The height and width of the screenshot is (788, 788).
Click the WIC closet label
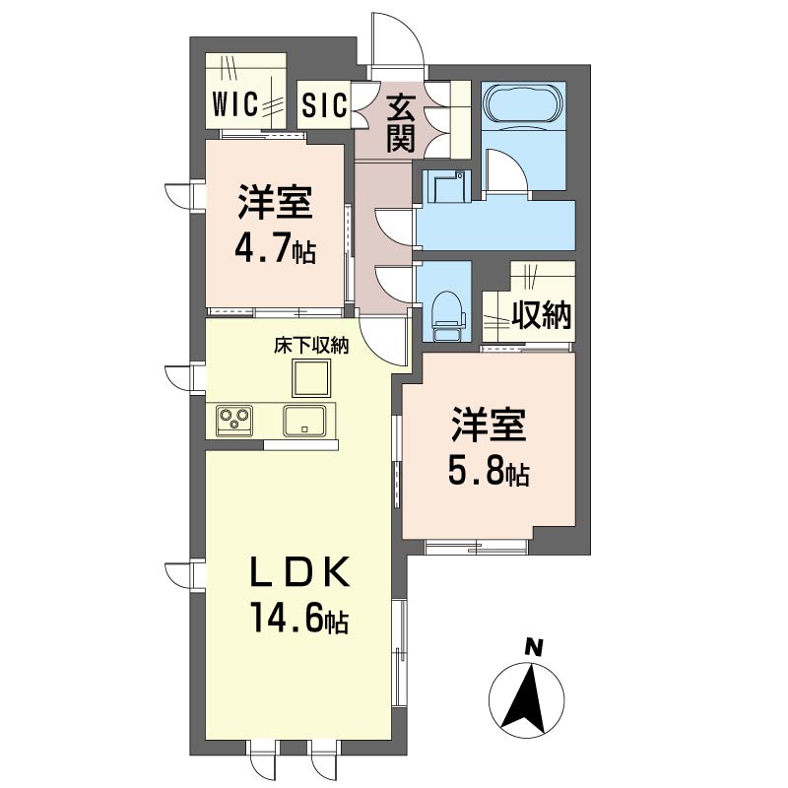(x=235, y=104)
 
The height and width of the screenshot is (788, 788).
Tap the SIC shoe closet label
(x=324, y=104)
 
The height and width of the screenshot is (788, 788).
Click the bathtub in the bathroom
(x=523, y=103)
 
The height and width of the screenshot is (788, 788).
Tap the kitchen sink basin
(x=304, y=421)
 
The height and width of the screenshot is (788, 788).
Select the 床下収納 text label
(x=311, y=346)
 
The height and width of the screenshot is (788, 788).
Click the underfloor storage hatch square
(x=311, y=378)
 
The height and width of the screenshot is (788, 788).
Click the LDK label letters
(x=300, y=573)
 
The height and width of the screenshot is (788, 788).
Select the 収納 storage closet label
(x=542, y=314)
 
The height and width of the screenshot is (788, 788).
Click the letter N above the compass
(x=534, y=648)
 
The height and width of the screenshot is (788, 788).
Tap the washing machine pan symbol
(x=446, y=186)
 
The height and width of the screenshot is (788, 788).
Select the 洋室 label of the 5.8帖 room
(x=489, y=426)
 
